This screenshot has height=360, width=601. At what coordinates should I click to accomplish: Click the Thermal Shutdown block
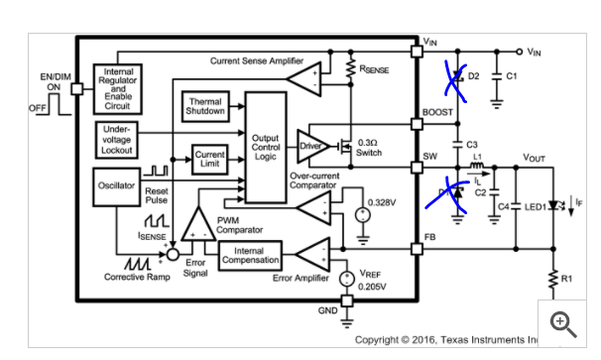205,106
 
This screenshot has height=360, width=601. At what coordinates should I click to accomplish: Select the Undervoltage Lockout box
116,140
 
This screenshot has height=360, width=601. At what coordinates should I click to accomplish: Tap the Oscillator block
116,186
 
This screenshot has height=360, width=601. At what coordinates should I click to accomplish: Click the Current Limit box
209,160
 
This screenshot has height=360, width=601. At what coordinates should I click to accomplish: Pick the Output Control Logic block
266,147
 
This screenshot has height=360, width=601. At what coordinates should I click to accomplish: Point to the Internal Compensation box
250,256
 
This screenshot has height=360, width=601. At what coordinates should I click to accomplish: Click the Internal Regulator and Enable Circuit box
118,89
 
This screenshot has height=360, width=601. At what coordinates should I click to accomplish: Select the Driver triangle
312,146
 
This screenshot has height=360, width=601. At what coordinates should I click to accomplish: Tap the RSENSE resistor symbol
350,69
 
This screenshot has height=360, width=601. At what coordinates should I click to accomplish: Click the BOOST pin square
417,124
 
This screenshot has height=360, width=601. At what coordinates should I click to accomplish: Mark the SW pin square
417,168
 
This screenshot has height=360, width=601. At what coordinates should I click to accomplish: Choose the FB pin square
417,249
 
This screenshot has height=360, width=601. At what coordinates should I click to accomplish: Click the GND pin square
347,300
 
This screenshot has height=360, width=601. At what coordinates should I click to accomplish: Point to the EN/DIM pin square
77,89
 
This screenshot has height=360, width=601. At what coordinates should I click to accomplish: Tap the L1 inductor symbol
476,166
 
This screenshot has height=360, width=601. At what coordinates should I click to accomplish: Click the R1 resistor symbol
553,279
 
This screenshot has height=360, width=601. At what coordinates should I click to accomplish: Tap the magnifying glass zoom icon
563,324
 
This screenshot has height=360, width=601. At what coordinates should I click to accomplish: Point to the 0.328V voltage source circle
363,214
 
